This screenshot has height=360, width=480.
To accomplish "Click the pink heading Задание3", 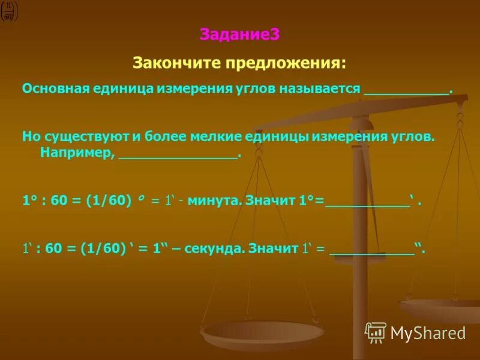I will [x=239, y=35].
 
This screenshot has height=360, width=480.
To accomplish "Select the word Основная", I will [x=55, y=89].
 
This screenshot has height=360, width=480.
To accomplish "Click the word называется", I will [x=322, y=89].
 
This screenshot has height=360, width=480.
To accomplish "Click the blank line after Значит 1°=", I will [x=367, y=205].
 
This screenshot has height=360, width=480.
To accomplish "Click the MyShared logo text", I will [x=428, y=332].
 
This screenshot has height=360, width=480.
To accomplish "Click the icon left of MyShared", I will [x=376, y=332].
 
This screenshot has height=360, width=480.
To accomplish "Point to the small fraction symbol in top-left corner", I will [x=9, y=11].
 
